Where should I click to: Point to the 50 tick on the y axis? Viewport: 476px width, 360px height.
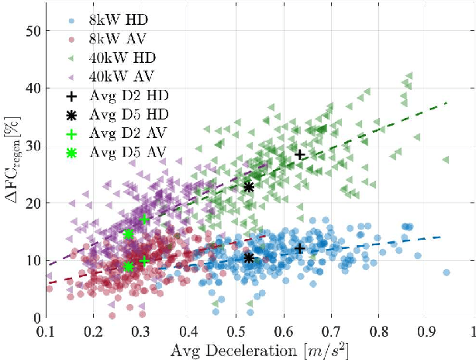31,31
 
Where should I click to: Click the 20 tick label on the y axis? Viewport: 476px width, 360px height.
31,203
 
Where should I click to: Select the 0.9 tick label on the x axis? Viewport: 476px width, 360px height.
426,331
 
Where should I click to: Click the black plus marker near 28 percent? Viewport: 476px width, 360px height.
300,154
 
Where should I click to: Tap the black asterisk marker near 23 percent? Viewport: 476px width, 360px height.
249,187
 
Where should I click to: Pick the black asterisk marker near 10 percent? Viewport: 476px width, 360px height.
248,258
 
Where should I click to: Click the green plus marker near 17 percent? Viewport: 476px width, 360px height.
144,220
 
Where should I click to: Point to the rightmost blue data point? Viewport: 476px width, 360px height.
446,272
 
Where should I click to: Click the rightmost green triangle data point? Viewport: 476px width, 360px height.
446,160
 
